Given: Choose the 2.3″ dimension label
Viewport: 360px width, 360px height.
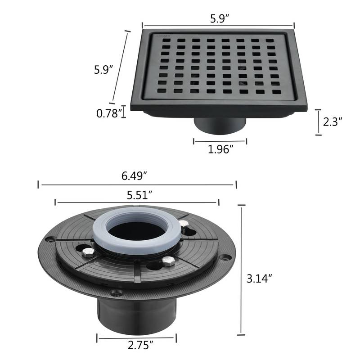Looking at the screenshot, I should pyautogui.click(x=333, y=122).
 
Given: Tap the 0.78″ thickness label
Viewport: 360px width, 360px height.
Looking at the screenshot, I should pyautogui.click(x=109, y=113).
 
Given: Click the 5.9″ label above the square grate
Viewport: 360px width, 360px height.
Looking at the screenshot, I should pyautogui.click(x=218, y=19).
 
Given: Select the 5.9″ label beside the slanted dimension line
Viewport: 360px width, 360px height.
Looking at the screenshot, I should pyautogui.click(x=103, y=70).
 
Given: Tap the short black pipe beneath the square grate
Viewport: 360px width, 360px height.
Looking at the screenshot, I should pyautogui.click(x=220, y=126).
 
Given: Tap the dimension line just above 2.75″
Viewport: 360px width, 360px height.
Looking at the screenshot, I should pyautogui.click(x=137, y=337).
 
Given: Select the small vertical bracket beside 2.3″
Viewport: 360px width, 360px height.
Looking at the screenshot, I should pyautogui.click(x=319, y=121).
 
